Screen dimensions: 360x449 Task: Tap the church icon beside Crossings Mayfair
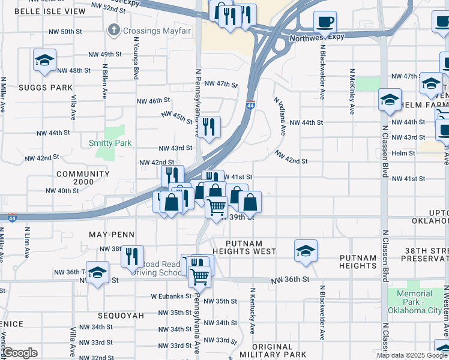[x=113, y=29]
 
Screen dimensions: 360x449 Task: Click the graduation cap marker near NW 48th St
[x=44, y=61]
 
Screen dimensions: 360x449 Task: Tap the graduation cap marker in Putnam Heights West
[x=306, y=251]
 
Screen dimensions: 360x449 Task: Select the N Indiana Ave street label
[x=280, y=117]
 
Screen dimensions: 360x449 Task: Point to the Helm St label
[x=403, y=153]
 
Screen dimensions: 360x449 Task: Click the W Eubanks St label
[x=171, y=296]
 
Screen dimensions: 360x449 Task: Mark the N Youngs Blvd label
[x=136, y=60]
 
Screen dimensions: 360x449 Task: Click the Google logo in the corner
[x=20, y=353]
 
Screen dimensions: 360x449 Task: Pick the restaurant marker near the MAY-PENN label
[x=132, y=256]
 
